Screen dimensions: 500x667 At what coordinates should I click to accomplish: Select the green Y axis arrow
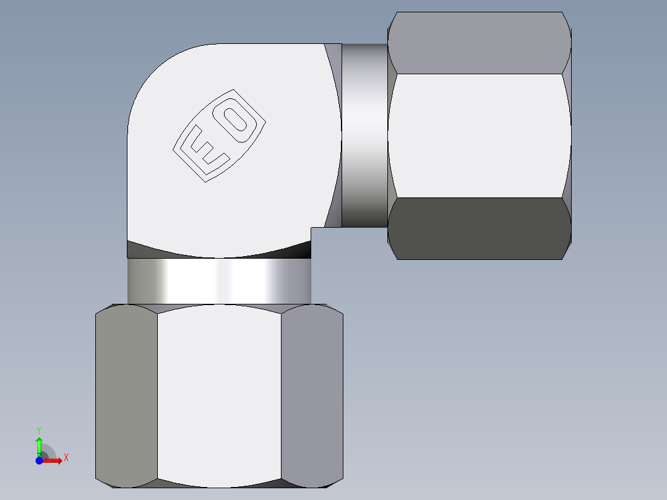(39, 445)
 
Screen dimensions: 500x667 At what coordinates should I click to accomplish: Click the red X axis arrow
(53, 460)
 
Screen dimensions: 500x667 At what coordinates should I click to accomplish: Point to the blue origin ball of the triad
(39, 460)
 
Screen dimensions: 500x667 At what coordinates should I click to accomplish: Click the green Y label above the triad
(39, 429)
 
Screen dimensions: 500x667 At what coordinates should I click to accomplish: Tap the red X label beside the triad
(66, 458)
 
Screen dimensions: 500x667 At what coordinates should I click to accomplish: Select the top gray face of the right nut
(479, 43)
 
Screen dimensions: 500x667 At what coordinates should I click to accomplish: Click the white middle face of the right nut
(479, 136)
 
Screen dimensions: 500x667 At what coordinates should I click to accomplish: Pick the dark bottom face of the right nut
(479, 228)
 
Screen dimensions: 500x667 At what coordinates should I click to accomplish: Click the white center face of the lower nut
(219, 396)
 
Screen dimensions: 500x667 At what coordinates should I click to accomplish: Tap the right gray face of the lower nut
(312, 396)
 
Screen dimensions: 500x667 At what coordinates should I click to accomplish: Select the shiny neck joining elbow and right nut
(364, 136)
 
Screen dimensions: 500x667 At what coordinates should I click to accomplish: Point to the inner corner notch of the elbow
(312, 228)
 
